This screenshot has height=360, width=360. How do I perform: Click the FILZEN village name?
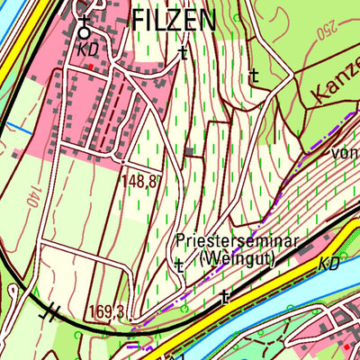(174, 20)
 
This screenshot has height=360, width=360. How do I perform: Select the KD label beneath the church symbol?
(86, 50)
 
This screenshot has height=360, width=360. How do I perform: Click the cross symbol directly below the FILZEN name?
(183, 53)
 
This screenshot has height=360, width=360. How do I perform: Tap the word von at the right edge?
(343, 154)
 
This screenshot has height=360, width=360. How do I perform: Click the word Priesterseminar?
(237, 243)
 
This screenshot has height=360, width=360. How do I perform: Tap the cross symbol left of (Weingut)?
(179, 265)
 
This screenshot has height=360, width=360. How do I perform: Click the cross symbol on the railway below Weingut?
(225, 294)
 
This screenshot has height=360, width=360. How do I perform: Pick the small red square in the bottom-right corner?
(346, 345)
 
